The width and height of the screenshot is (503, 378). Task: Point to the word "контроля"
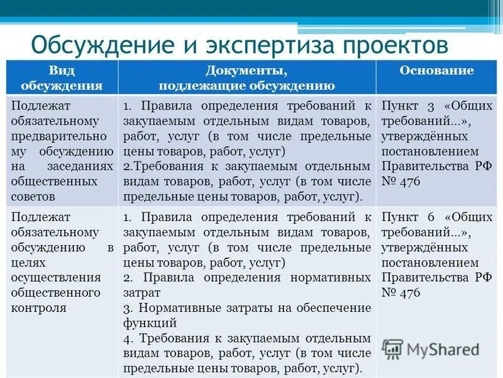[x=39, y=308]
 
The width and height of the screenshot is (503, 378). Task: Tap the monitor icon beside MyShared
[x=393, y=349]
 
